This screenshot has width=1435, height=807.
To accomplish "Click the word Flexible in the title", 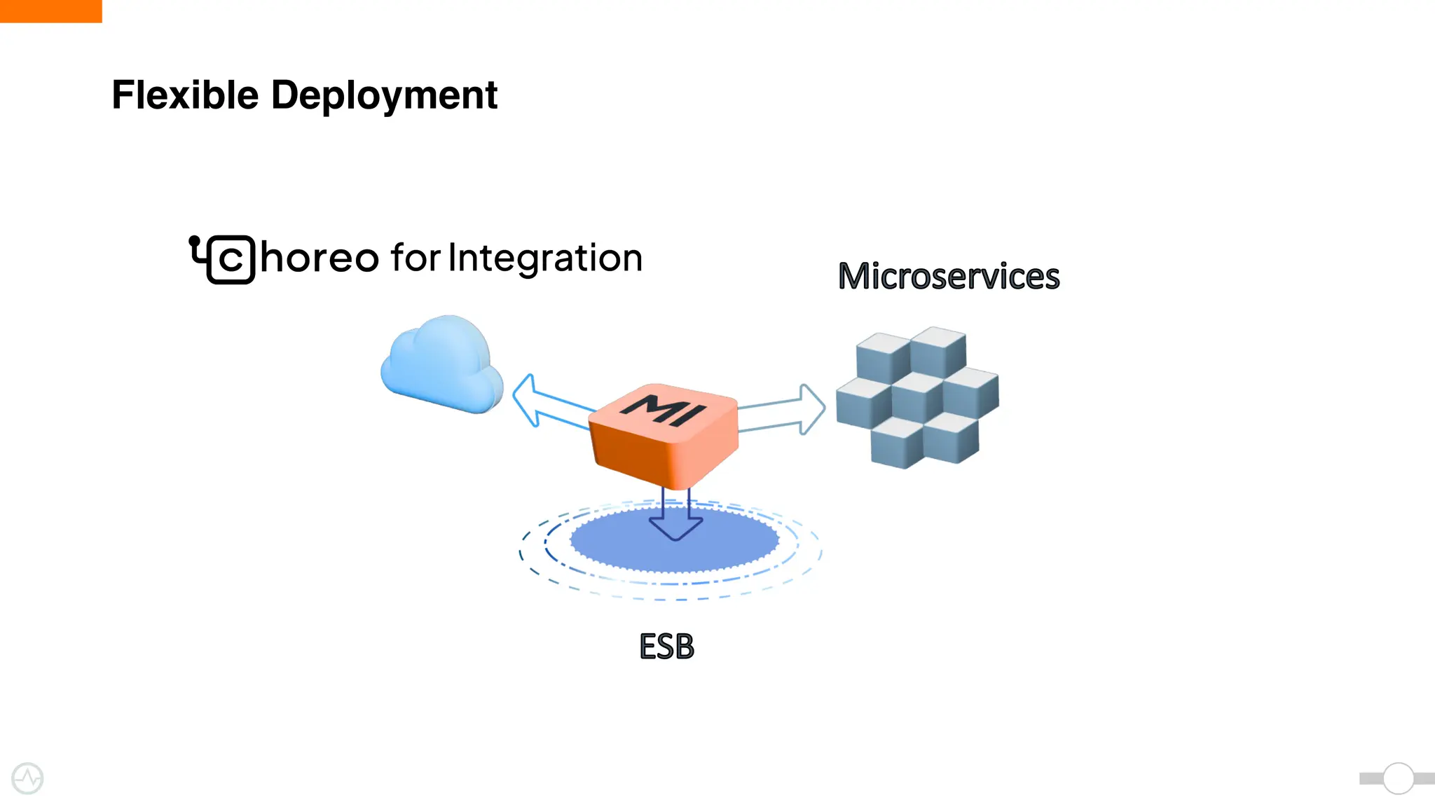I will click(x=185, y=95).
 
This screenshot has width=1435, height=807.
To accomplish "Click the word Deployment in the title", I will click(x=384, y=95).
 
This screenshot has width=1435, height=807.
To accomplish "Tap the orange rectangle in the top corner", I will click(x=50, y=11).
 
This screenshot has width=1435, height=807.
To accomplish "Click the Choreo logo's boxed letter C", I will click(x=231, y=260).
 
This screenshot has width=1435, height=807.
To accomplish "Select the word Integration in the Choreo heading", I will click(x=544, y=258).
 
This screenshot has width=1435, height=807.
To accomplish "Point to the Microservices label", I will click(x=949, y=276).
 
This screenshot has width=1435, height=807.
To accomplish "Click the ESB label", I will click(x=666, y=646).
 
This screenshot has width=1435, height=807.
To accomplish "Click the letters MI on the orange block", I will click(x=663, y=409).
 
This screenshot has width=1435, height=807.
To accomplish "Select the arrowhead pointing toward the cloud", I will click(x=526, y=400).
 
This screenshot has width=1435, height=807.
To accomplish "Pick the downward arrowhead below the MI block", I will click(x=675, y=529).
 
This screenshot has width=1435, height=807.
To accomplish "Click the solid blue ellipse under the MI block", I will click(x=610, y=543).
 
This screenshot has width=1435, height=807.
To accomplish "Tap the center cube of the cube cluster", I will click(x=917, y=396).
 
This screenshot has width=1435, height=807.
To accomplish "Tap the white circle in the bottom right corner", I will click(x=1399, y=778).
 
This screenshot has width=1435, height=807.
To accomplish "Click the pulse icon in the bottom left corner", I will click(x=27, y=778).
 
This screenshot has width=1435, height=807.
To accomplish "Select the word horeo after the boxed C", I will click(x=320, y=258).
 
